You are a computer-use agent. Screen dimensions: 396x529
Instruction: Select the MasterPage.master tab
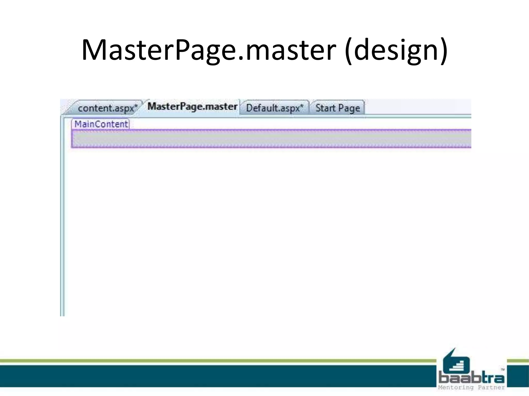(192, 107)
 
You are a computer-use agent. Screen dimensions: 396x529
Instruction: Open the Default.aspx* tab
(275, 108)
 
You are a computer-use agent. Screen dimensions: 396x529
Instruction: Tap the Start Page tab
(338, 108)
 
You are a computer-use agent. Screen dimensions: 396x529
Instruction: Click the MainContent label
(101, 124)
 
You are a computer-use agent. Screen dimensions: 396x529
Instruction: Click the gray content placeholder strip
(271, 139)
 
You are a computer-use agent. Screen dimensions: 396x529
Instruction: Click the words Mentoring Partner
(471, 387)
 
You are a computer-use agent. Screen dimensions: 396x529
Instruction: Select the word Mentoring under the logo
(456, 387)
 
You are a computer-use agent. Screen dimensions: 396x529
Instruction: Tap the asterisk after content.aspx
(136, 106)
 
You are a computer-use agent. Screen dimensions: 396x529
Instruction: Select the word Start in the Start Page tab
(325, 108)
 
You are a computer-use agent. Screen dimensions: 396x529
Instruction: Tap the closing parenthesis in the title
(444, 51)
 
